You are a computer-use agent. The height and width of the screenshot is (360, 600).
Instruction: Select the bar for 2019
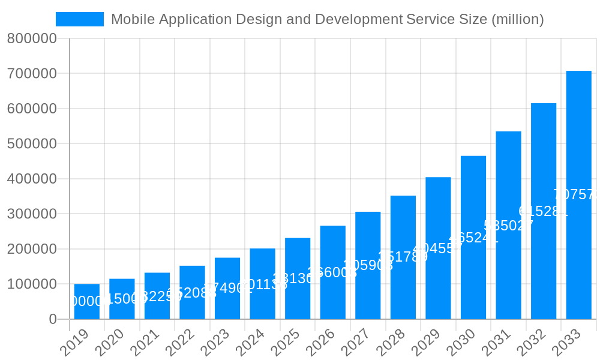(87, 301)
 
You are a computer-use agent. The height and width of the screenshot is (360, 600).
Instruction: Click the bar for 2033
(578, 195)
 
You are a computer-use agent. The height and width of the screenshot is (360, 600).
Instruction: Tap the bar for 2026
(333, 272)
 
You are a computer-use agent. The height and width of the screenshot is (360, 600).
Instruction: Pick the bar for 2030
(473, 238)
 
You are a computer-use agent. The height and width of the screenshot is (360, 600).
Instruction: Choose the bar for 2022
(192, 292)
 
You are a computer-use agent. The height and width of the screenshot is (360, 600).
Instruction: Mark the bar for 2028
(403, 257)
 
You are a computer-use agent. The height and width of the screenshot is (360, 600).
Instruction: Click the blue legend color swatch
(80, 19)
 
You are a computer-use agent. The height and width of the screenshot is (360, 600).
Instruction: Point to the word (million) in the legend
(517, 19)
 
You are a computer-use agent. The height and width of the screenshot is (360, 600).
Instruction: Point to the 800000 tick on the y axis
(32, 39)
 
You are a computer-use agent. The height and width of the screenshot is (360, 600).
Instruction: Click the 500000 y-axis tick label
(32, 144)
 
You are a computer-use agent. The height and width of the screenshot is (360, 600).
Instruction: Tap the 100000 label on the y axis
(32, 284)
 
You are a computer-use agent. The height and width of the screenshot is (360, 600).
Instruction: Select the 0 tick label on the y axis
(53, 319)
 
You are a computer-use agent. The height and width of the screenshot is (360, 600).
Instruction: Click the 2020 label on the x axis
(109, 344)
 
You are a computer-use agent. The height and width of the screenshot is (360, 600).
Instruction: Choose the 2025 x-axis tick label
(285, 344)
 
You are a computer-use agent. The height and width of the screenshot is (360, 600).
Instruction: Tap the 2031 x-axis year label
(496, 344)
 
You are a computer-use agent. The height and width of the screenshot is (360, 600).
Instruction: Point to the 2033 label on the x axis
(566, 344)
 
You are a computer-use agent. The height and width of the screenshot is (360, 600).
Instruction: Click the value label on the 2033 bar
(576, 195)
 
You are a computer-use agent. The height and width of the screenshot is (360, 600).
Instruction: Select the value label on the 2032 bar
(543, 211)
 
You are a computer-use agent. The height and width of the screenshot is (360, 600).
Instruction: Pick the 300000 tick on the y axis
(32, 214)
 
